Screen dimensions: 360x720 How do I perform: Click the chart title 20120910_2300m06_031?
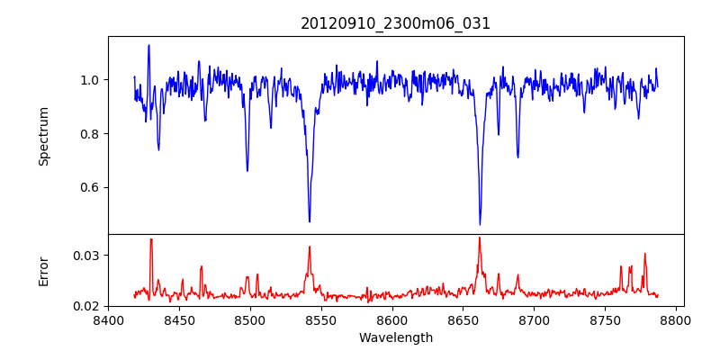395,23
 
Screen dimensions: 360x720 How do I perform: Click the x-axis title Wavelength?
395,337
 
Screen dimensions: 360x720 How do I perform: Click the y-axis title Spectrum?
43,136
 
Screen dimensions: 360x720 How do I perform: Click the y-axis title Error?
43,270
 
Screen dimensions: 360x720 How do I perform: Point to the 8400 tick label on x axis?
108,319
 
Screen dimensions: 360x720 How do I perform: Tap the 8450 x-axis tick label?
179,319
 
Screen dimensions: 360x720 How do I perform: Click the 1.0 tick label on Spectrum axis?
87,80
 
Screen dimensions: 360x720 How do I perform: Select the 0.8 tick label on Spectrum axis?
87,134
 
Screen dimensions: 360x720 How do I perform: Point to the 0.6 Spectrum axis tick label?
87,187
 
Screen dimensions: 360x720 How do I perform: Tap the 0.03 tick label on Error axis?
85,256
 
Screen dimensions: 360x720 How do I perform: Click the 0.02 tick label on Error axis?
85,306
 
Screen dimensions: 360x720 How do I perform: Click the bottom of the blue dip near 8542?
310,221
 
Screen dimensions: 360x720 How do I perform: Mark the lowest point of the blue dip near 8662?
480,224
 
